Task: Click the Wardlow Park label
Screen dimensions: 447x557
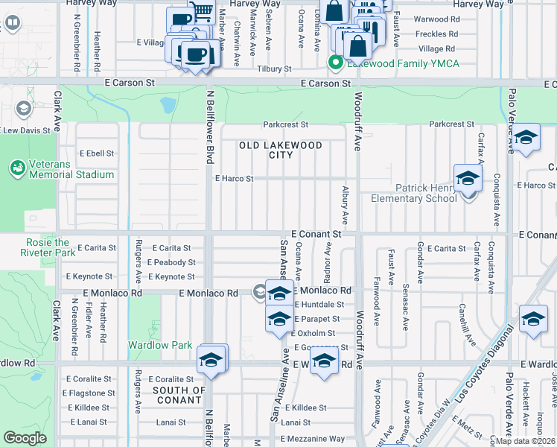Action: coord(160,345)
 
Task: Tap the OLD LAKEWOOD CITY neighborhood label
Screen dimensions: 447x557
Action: coord(281,150)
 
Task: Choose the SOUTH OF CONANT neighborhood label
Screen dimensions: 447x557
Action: coord(179,395)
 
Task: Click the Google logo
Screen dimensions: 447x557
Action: coord(25,438)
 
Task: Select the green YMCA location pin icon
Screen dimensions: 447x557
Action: coord(336,63)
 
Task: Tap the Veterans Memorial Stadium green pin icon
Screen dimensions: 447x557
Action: coord(16,168)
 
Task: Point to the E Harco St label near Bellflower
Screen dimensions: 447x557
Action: coord(234,179)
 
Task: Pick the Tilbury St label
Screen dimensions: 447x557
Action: coord(274,69)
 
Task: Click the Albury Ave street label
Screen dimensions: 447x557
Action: coord(345,206)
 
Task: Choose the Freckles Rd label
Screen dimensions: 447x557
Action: coord(437,34)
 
